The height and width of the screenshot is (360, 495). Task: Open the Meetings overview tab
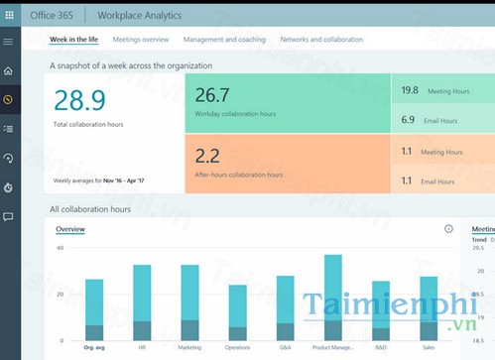click(141, 40)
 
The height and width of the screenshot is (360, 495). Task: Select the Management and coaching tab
click(224, 40)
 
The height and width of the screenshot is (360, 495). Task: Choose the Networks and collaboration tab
click(321, 40)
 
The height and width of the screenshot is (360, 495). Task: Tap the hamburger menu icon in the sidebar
click(8, 42)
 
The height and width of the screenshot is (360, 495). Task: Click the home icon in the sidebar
click(8, 71)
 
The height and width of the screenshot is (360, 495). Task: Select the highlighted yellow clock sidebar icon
click(8, 99)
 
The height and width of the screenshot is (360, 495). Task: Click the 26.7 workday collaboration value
click(212, 95)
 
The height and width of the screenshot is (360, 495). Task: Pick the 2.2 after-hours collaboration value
click(208, 156)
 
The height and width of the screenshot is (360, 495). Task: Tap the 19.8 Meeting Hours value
click(410, 90)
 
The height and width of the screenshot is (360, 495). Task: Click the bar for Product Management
click(333, 298)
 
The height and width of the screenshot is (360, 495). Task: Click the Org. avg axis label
click(94, 348)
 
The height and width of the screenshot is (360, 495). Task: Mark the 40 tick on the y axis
click(60, 248)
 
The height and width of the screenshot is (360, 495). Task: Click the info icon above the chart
click(448, 229)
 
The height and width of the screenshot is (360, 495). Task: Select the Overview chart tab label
click(70, 229)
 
